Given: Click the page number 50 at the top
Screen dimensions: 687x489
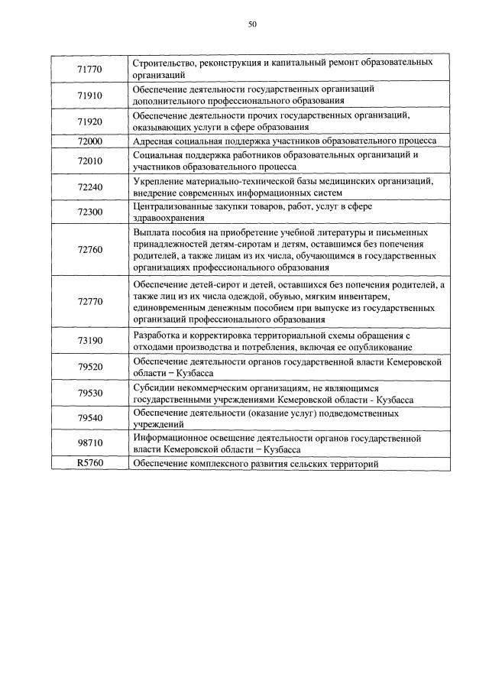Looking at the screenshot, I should coord(252,24).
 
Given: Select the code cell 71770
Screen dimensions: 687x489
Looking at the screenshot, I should coord(90,70).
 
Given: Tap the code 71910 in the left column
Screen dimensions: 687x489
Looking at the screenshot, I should coord(90,96).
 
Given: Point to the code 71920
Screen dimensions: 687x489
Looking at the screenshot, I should coord(90,122).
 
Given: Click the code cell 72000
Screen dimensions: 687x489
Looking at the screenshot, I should coord(90,141).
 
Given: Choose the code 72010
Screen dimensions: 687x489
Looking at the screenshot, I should coord(90,160).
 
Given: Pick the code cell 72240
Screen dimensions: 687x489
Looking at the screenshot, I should coord(90,186).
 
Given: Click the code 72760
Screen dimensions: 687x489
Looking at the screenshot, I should coord(90,250).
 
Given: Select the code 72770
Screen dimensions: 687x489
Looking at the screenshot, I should coord(90,301).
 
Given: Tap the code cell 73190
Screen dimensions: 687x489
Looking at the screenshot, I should coord(90,340).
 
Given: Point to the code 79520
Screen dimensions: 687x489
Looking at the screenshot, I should coord(90,367).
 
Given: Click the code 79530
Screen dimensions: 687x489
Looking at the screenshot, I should coord(90,393).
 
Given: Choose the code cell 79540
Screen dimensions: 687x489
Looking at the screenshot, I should coord(90,418).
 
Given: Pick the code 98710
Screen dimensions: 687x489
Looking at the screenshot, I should coord(90,443).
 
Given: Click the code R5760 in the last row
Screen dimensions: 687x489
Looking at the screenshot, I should coord(90,463).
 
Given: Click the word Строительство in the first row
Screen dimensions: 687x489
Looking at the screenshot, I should coord(163,62).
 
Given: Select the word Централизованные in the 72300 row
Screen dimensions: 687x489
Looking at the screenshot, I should coord(173,207).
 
